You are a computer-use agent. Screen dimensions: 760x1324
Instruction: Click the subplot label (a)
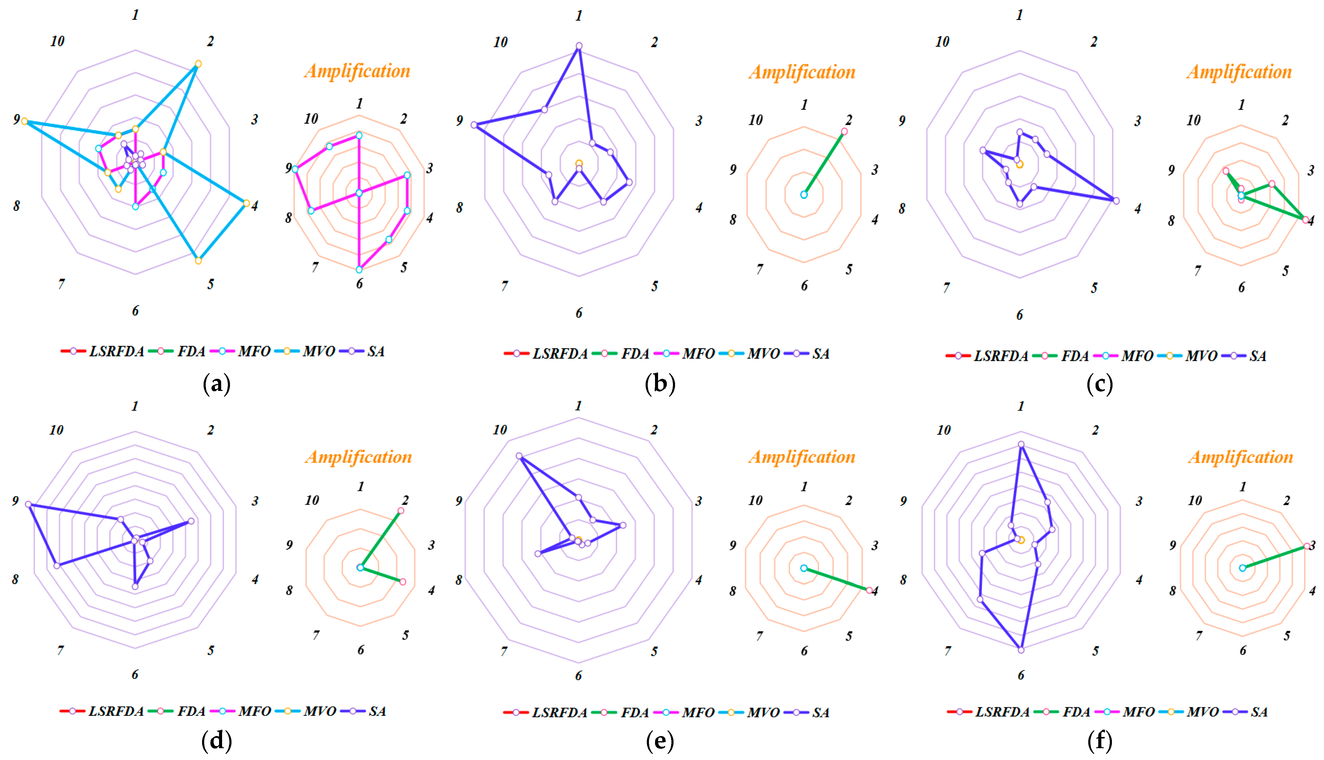point(216,384)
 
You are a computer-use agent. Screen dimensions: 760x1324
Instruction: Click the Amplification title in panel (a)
point(358,71)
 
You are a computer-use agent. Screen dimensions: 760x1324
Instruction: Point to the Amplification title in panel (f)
point(1241,457)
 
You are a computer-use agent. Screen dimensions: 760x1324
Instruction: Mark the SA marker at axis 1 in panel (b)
point(579,46)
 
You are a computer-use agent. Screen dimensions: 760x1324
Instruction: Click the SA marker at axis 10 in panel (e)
point(519,456)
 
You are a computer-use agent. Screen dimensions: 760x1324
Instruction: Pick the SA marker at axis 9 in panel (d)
point(29,504)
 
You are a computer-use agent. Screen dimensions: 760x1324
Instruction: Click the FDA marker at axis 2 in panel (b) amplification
point(844,132)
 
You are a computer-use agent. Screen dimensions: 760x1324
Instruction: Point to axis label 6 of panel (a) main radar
point(135,311)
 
